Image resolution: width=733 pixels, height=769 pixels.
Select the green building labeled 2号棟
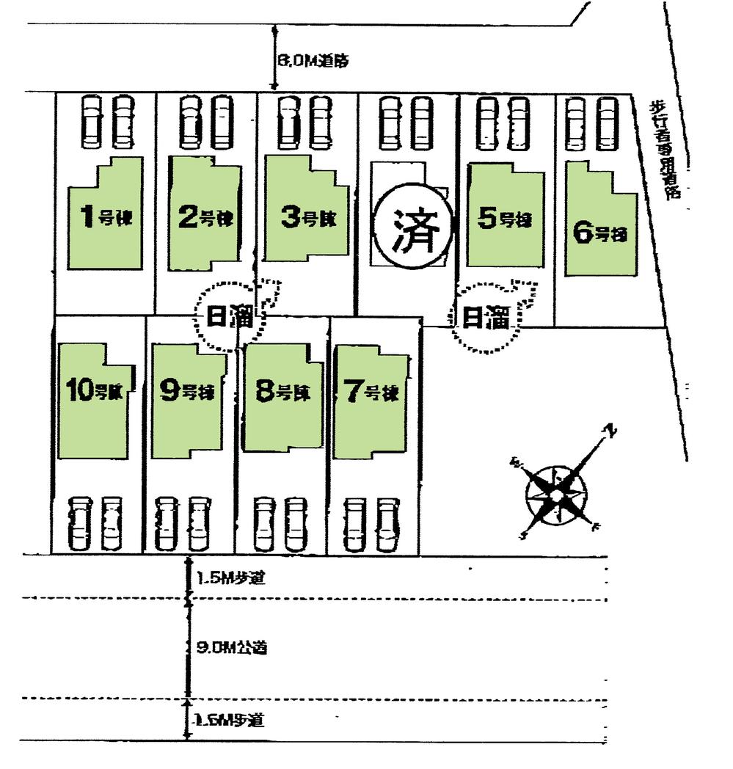205,216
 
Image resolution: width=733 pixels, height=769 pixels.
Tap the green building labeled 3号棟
302,216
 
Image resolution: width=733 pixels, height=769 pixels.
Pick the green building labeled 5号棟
506,219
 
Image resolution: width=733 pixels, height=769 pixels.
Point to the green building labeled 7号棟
371,402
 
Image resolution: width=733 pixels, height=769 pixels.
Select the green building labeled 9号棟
187,400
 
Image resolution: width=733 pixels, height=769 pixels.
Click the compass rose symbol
556,495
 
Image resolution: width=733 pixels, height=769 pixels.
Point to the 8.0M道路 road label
312,62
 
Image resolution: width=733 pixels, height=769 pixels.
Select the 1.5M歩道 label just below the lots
230,578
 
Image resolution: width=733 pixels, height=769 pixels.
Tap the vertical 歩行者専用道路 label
665,150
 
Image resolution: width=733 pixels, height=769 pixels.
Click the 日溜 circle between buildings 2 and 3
226,317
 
